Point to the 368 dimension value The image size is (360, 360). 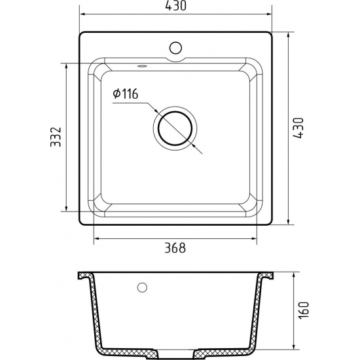175,247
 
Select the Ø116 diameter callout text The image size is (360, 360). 124,95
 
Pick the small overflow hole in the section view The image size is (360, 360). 141,287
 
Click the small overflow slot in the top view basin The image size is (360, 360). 142,66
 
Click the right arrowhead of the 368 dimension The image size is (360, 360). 254,238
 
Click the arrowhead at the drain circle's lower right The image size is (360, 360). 193,145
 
